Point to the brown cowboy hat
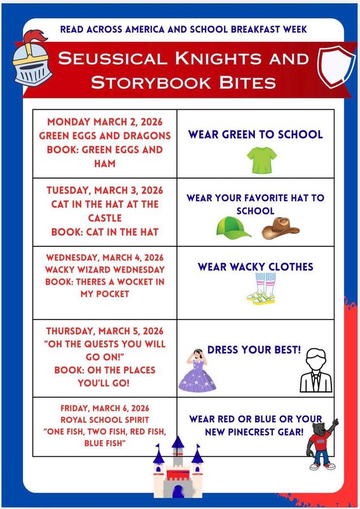280,227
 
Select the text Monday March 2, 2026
104,122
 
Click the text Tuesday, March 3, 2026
104,190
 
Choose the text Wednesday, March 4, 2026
104,258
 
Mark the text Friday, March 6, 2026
104,408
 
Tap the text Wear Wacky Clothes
255,267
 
